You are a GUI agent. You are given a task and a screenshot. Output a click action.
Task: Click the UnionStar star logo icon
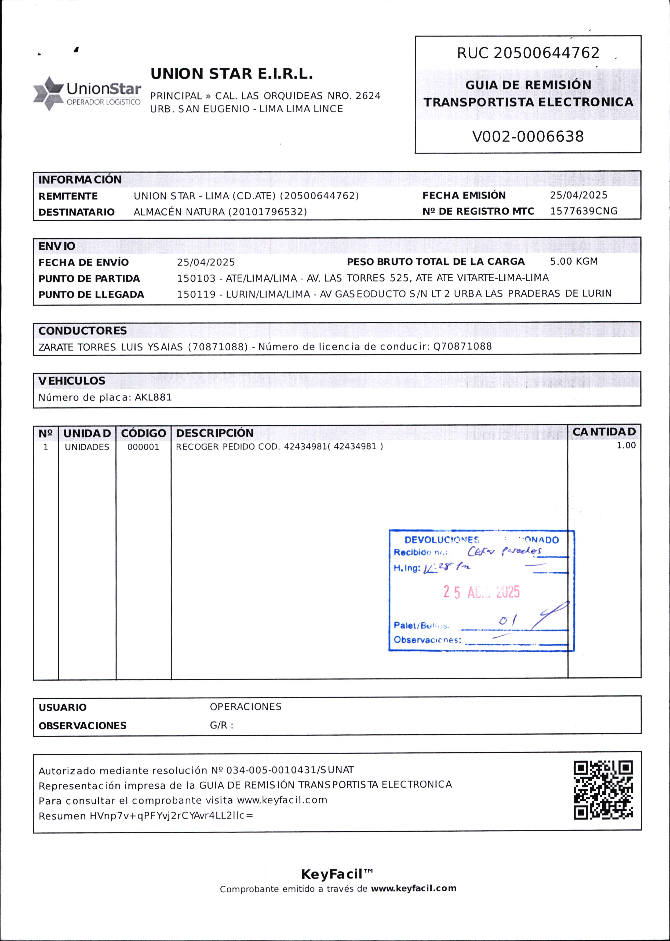coord(49,94)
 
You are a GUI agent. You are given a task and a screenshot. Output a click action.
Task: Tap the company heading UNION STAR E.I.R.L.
coord(231,74)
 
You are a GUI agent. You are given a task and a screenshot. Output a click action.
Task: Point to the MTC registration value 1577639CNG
coord(583,211)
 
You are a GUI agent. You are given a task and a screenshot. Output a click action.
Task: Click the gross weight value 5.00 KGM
coord(573,261)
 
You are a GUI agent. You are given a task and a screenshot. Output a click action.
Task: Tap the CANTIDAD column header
coord(604,432)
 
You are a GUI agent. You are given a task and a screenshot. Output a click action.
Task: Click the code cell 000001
coord(143,447)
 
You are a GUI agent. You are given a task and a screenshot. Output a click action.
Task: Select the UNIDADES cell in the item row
coord(87,447)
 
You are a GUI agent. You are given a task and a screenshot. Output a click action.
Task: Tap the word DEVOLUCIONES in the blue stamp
coord(442,540)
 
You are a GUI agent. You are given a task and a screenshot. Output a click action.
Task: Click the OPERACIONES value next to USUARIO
coord(245,706)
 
